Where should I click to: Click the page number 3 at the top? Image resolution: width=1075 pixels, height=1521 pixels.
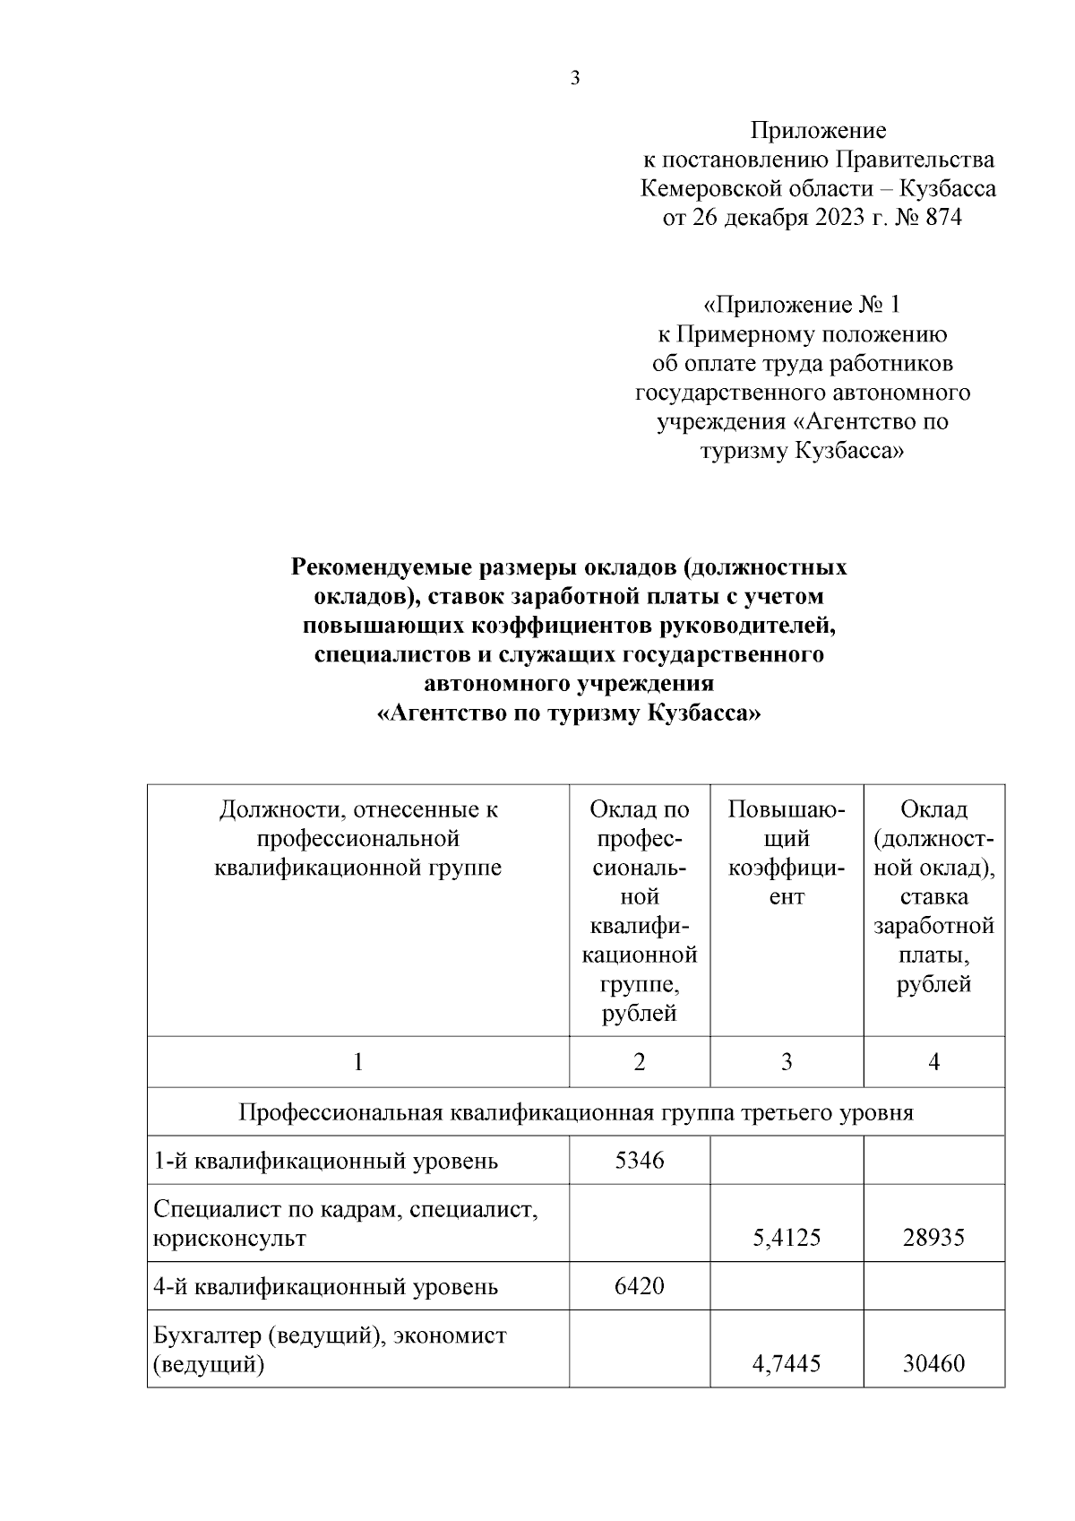(x=575, y=78)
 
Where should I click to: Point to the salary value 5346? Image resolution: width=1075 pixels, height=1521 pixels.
(x=640, y=1161)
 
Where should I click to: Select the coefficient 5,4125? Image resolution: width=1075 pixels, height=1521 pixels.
(x=787, y=1239)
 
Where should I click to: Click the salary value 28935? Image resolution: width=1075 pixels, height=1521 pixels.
(x=933, y=1239)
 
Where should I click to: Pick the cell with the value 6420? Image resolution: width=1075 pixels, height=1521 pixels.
(x=640, y=1286)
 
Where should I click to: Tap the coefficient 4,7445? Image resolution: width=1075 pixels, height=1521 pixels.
(x=787, y=1365)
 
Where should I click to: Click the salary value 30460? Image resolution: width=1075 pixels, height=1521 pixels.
(x=933, y=1365)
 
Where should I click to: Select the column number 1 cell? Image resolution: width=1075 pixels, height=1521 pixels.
(x=358, y=1063)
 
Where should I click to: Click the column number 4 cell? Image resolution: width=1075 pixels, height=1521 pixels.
(x=933, y=1063)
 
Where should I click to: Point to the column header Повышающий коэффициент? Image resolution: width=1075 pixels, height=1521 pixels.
(x=787, y=853)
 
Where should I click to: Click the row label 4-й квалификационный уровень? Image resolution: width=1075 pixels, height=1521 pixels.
(x=325, y=1288)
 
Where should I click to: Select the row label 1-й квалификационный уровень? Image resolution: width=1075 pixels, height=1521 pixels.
(x=325, y=1162)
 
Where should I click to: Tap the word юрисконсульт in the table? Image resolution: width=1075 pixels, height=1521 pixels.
(x=229, y=1240)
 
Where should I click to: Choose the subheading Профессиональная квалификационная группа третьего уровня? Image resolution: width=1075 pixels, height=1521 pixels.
(x=575, y=1113)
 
